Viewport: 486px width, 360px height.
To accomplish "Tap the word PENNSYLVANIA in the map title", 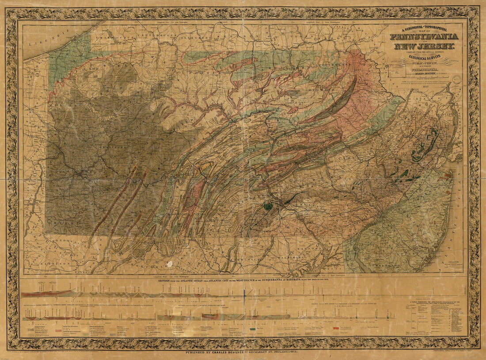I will tap(424, 37).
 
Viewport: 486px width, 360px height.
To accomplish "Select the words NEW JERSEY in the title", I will tap(423, 46).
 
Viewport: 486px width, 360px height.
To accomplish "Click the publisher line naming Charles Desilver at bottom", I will tap(243, 352).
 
